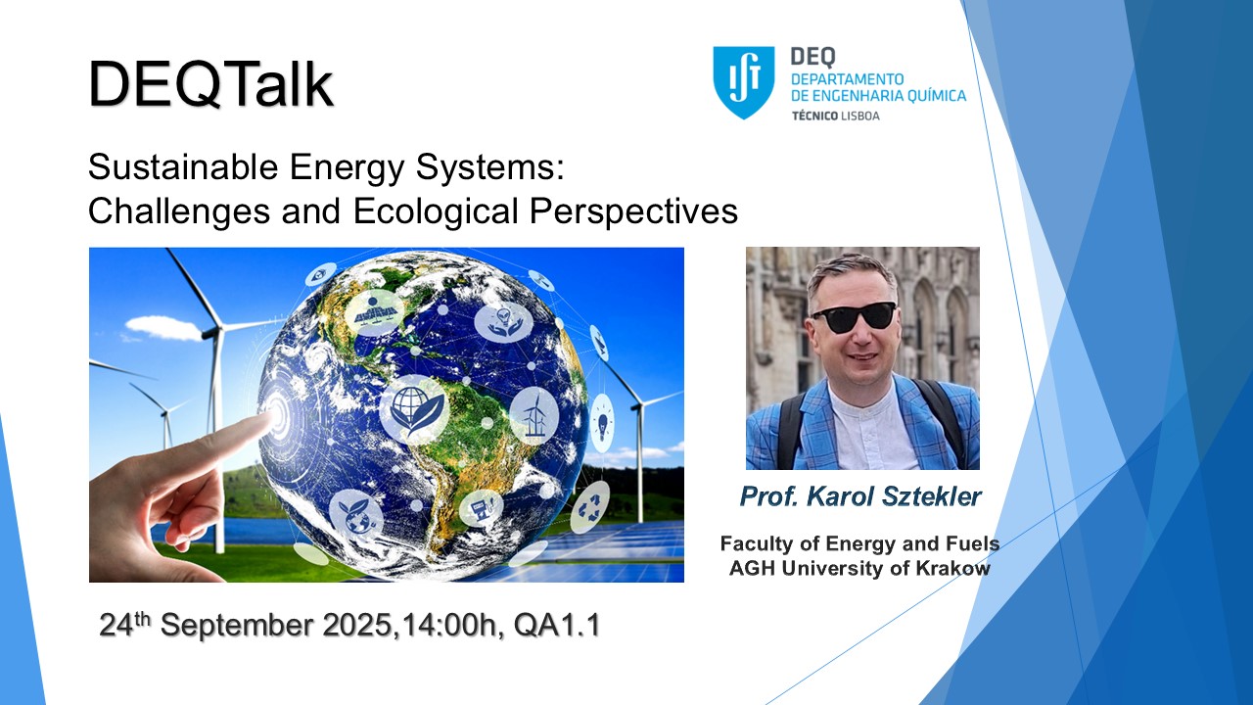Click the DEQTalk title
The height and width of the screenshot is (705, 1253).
(x=210, y=84)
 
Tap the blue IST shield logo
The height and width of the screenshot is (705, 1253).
(x=743, y=81)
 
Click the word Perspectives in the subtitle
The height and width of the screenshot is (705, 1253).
(x=633, y=211)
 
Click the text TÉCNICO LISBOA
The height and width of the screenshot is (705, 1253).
(x=836, y=116)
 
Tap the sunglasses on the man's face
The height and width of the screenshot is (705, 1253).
(x=855, y=317)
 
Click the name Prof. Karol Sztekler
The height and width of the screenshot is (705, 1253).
(x=860, y=496)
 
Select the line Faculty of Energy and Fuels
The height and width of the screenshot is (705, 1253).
(x=859, y=543)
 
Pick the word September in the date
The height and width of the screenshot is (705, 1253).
(x=237, y=625)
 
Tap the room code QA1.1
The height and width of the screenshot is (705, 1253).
(x=557, y=625)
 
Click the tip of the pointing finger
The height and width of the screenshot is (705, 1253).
(x=273, y=416)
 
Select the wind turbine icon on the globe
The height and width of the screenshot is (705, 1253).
(x=534, y=416)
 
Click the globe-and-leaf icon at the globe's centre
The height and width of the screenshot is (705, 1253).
(x=415, y=409)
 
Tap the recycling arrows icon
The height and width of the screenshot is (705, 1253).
(x=590, y=507)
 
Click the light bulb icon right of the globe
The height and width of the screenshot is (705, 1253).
(x=602, y=422)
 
